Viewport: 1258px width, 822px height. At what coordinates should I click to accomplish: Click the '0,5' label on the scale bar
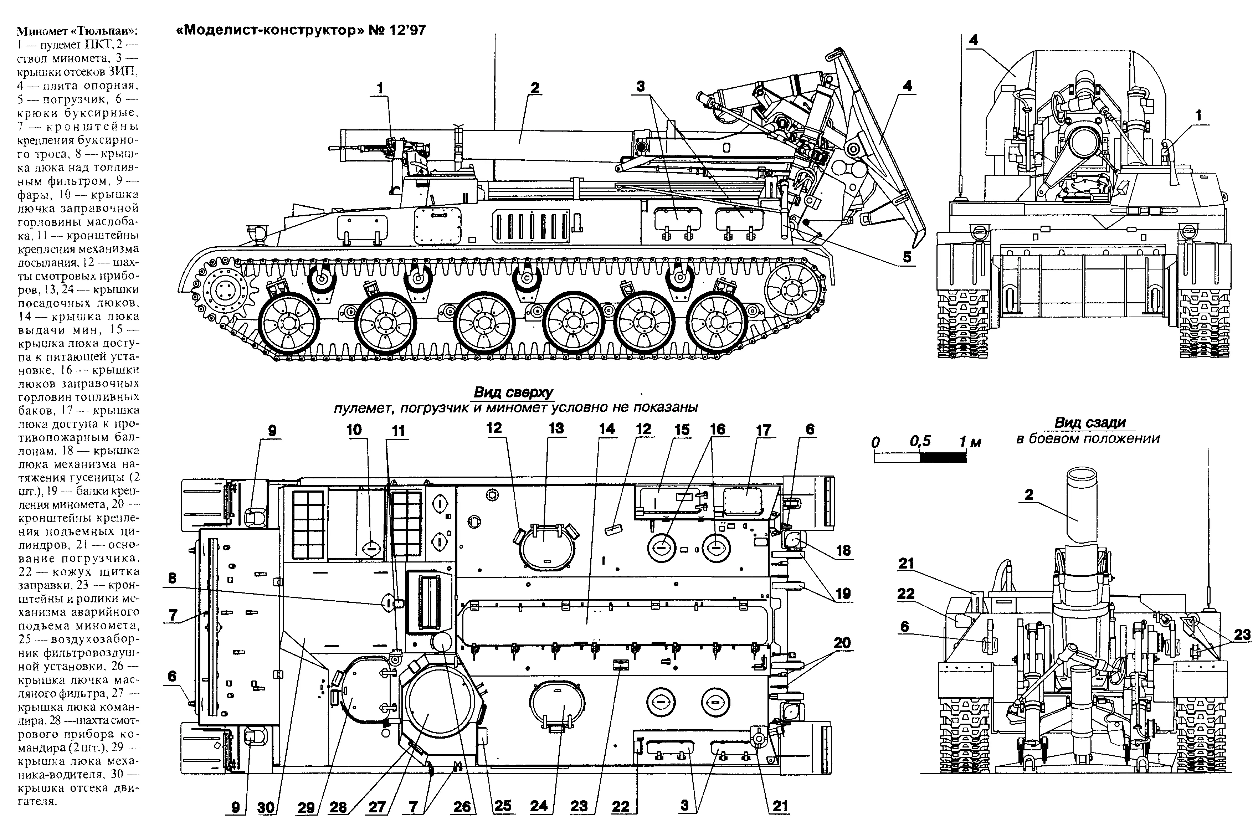click(920, 441)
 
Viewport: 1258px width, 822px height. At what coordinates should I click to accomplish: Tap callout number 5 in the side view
click(907, 257)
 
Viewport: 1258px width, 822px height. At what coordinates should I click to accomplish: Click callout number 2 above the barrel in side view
click(535, 88)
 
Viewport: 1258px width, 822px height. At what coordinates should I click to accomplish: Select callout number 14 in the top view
click(607, 429)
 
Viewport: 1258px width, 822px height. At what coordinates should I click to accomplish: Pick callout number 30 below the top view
click(266, 807)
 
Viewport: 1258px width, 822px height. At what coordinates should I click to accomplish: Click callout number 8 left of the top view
click(172, 578)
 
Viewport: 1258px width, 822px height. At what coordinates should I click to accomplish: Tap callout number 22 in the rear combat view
click(905, 594)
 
